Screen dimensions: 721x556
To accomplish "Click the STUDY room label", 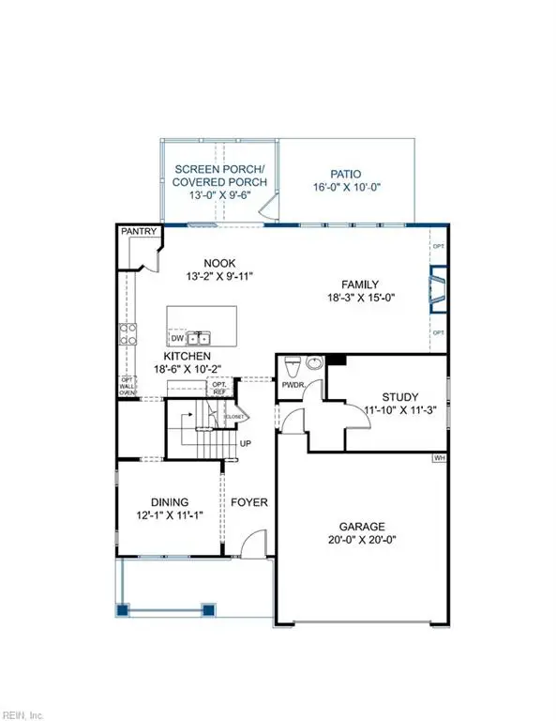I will pos(400,397).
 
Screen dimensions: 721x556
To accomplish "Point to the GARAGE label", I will pos(361,528).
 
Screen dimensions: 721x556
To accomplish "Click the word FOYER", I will pos(248,502).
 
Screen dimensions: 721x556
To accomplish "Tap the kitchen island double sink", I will pos(200,338).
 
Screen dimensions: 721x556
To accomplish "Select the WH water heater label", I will pos(439,458).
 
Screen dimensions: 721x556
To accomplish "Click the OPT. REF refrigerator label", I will pos(220,389).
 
